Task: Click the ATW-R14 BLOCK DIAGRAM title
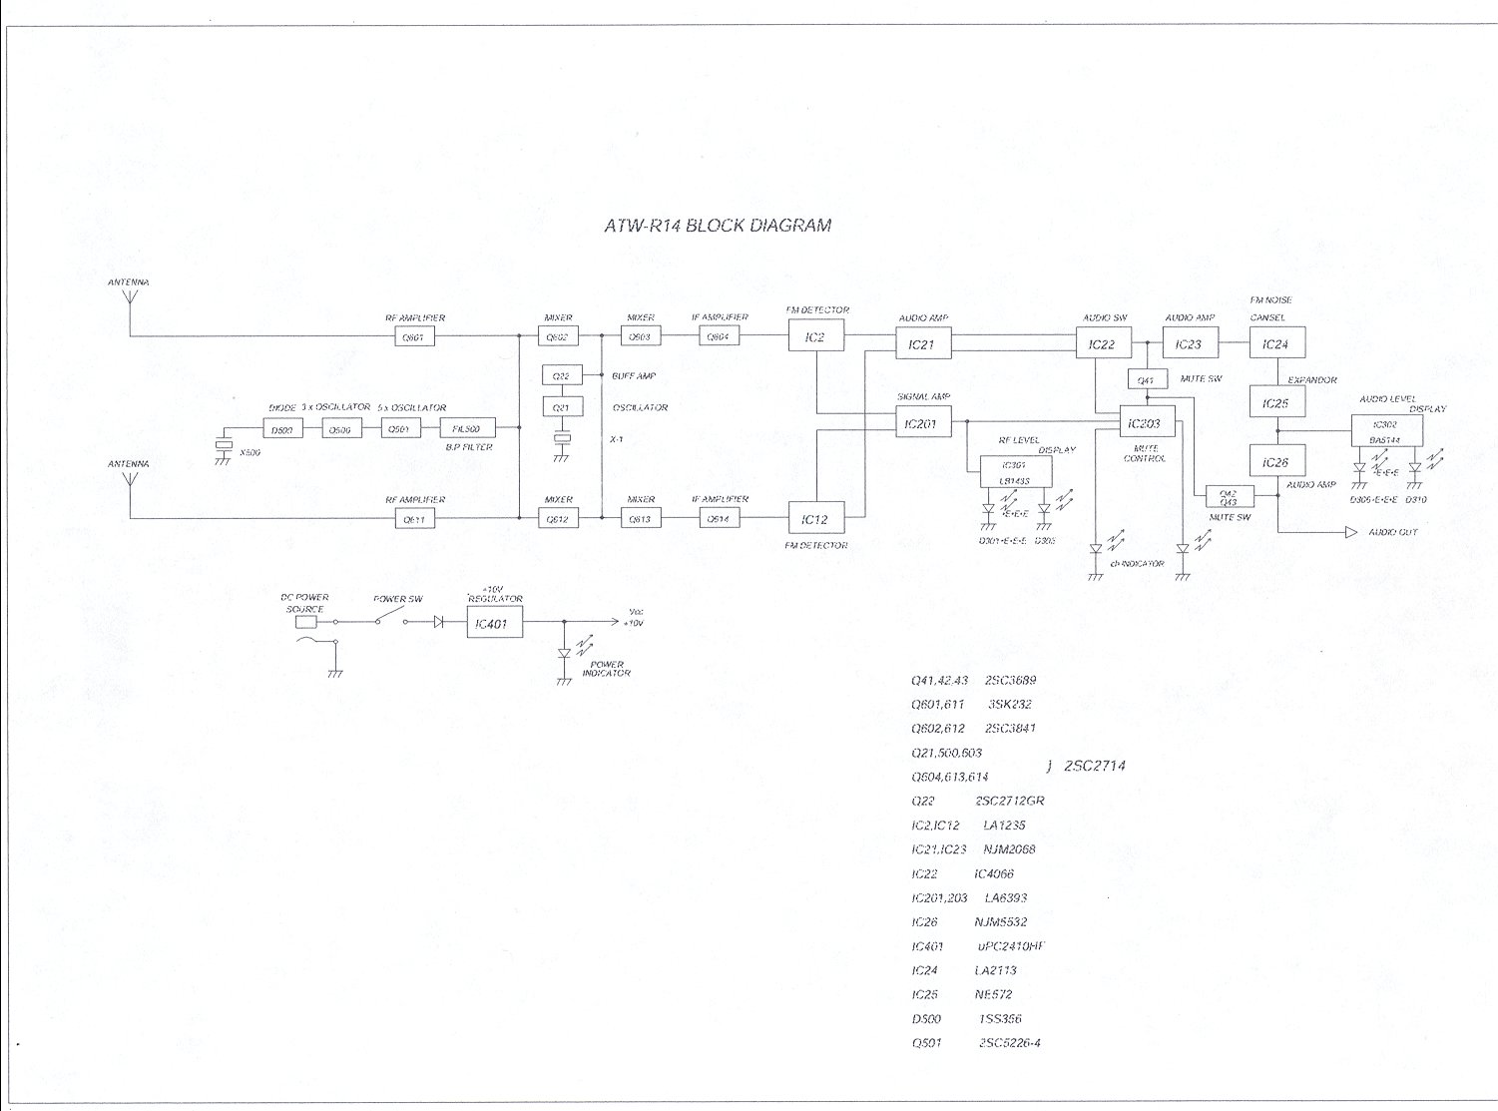tap(718, 226)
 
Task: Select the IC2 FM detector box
tap(816, 337)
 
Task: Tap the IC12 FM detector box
tap(816, 519)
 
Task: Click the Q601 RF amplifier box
tap(413, 337)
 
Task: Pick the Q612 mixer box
tap(558, 519)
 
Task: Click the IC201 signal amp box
tap(923, 424)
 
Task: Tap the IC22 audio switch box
tap(1102, 344)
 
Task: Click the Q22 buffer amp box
tap(561, 376)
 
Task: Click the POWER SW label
tap(398, 600)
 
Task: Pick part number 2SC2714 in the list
tap(1094, 766)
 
